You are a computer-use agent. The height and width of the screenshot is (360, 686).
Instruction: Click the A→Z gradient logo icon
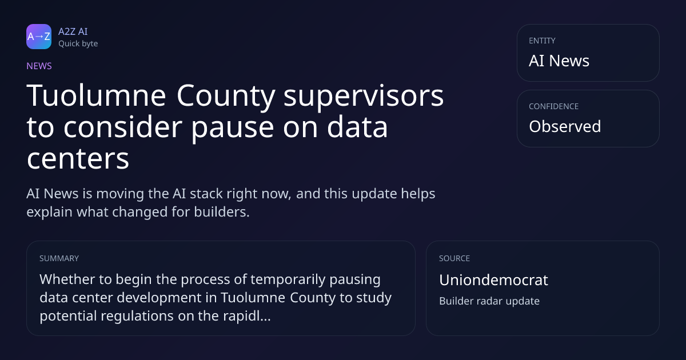pos(39,37)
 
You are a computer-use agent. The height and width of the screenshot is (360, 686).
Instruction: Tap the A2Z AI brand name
pos(73,31)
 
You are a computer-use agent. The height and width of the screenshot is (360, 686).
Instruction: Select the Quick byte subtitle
pos(78,44)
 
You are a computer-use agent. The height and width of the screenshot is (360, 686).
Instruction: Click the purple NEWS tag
pos(39,66)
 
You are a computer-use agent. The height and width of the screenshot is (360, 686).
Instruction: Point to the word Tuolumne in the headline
pos(97,95)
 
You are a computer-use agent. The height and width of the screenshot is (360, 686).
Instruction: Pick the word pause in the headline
pos(233,129)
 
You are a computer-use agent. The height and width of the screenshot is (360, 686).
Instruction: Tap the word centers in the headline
pos(78,159)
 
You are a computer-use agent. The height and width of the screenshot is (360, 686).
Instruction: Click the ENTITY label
pos(542,41)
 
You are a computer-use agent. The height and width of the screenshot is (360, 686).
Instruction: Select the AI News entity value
pos(559,61)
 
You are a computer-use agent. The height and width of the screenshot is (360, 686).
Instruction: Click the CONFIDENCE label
pos(554,106)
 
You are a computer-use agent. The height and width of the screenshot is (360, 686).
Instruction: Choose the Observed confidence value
pos(565,126)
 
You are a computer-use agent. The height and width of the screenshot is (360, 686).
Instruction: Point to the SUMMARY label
pos(59,258)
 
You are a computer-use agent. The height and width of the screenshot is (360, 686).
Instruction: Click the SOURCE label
pos(454,258)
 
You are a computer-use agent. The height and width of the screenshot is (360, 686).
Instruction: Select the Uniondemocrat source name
pos(493,280)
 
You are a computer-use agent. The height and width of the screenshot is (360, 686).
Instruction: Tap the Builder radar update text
pos(489,301)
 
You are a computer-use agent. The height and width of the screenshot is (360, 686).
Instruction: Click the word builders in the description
pos(222,212)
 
